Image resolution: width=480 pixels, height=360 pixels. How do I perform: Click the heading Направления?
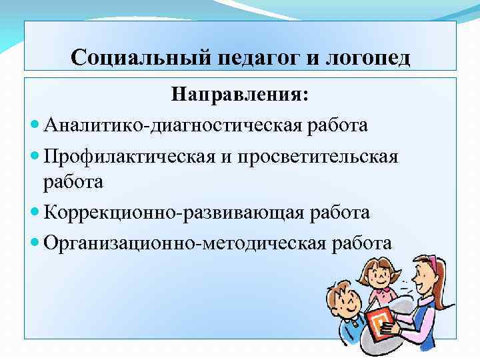tap(239, 95)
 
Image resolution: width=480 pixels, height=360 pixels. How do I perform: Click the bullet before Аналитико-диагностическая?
tap(35, 125)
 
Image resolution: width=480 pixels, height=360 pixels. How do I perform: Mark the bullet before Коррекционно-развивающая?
tap(35, 213)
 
